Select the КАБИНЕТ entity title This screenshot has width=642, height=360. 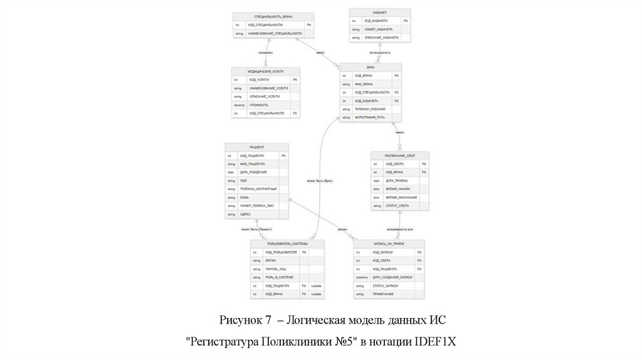pos(379,12)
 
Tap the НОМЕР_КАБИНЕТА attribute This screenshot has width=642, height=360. pos(379,29)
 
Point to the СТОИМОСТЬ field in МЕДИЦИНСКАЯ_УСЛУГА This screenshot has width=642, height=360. pos(259,105)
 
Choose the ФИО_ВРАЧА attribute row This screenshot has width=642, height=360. pos(364,83)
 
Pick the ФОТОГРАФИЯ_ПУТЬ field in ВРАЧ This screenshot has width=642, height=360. pos(369,117)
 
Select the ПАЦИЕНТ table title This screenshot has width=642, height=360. pos(256,147)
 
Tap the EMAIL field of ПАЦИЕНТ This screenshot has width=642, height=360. pos(245,197)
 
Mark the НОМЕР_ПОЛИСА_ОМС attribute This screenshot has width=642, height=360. pos(256,206)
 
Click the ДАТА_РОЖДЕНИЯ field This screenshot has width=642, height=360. pos(253,172)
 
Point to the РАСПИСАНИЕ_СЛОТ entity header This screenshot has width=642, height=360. pos(400,155)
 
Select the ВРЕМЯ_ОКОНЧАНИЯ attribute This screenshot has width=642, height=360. pos(401,197)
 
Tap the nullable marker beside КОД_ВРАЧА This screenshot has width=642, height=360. pos(316,294)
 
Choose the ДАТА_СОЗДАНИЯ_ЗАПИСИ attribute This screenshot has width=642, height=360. pos(392,277)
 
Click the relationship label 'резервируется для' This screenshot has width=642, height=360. pos(399,229)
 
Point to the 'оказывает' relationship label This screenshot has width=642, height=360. pos(266,52)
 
